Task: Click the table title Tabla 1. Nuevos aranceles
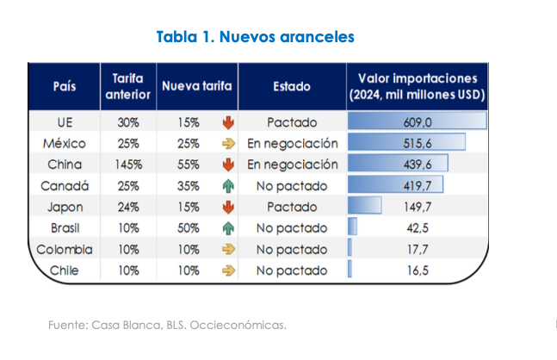tap(255, 37)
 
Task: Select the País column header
tap(64, 87)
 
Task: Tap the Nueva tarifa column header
tap(196, 87)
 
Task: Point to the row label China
tap(64, 164)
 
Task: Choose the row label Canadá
tap(64, 185)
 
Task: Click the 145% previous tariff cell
tap(128, 164)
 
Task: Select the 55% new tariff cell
tap(189, 164)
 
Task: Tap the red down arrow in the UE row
tap(228, 122)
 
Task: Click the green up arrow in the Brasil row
tap(228, 228)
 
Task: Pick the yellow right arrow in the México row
tap(228, 143)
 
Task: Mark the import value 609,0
tap(418, 122)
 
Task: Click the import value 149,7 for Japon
tap(418, 207)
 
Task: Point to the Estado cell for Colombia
tap(292, 250)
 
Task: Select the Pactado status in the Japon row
tap(292, 207)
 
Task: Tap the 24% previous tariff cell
tap(128, 207)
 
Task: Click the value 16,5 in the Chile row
tap(418, 270)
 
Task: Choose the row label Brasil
tap(64, 228)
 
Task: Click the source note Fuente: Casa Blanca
tap(166, 325)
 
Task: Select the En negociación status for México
tap(292, 143)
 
